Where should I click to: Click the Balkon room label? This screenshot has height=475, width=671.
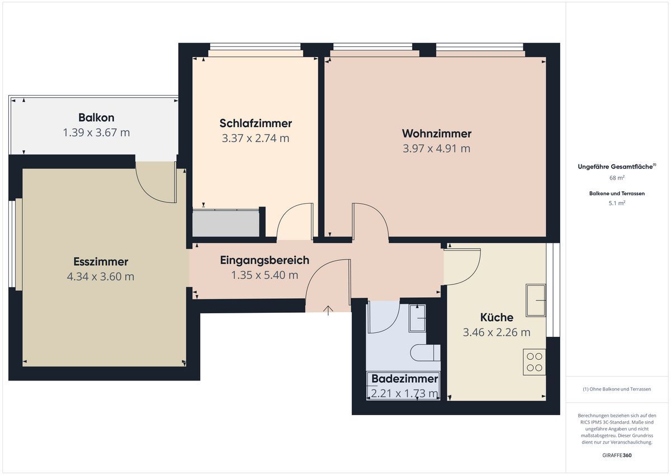point(96,117)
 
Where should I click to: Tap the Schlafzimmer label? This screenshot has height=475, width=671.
point(256,123)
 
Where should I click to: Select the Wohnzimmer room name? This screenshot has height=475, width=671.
point(437,134)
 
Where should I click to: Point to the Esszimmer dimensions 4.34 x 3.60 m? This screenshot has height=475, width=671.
point(101,276)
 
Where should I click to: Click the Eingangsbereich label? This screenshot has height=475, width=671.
point(264,260)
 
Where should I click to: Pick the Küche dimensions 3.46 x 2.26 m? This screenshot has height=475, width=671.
point(497,332)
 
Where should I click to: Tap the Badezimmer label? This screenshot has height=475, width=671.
point(405,379)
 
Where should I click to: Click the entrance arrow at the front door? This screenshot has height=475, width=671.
point(328,311)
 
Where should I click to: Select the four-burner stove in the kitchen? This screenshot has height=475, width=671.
point(535,362)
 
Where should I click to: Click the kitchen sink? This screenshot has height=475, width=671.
point(536,300)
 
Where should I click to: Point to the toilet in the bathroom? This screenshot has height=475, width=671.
point(426,352)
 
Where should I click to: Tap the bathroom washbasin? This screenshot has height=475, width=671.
point(417,318)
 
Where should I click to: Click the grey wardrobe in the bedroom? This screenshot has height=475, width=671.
point(225,223)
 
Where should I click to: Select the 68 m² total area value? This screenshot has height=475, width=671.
point(617,178)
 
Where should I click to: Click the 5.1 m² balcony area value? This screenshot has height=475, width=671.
point(617,203)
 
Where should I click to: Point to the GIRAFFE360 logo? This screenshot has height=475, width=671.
point(617,455)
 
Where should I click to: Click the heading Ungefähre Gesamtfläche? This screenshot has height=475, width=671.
point(616,167)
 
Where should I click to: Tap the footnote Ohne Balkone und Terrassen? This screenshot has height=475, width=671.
point(617,389)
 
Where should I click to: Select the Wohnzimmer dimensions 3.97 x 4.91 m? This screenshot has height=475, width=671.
point(437,148)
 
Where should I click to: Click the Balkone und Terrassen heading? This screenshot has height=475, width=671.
point(617,194)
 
